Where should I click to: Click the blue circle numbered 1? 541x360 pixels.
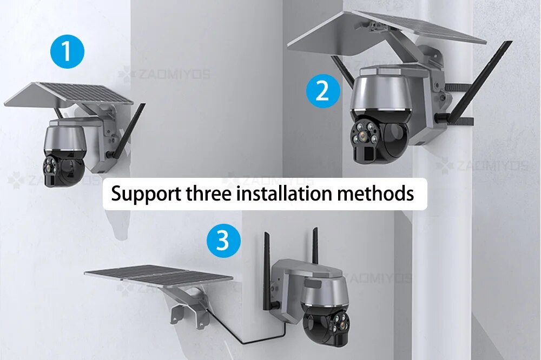67,52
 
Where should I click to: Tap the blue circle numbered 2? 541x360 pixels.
323,91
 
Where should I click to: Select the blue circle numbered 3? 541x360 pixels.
223,240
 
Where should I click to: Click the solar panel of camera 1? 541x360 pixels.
68,94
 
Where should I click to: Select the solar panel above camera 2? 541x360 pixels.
386,33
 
